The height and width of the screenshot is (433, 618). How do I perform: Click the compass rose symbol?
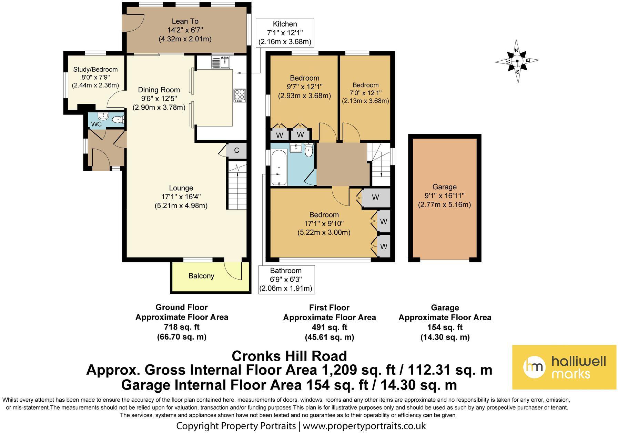pyautogui.click(x=517, y=61)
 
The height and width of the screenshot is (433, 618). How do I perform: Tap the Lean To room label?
pyautogui.click(x=185, y=21)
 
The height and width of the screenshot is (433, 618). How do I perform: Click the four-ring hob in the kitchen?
pyautogui.click(x=240, y=95)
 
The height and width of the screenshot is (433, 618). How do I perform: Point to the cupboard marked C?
pyautogui.click(x=236, y=150)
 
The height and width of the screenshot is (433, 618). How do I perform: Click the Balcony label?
pyautogui.click(x=201, y=276)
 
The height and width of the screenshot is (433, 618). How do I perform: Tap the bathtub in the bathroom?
pyautogui.click(x=279, y=167)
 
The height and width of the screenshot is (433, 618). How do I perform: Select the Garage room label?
pyautogui.click(x=445, y=187)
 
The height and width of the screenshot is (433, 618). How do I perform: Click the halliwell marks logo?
pyautogui.click(x=564, y=367)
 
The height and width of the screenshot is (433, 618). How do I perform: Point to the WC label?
pyautogui.click(x=97, y=124)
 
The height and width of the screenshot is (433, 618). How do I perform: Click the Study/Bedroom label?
pyautogui.click(x=95, y=70)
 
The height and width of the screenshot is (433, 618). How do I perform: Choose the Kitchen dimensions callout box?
pyautogui.click(x=285, y=33)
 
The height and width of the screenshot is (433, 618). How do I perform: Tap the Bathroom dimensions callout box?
pyautogui.click(x=286, y=280)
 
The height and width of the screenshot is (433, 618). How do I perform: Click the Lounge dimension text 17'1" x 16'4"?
pyautogui.click(x=181, y=197)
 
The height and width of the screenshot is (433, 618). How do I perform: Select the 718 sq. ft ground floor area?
pyautogui.click(x=182, y=327)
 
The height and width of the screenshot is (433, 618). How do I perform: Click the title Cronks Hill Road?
pyautogui.click(x=290, y=355)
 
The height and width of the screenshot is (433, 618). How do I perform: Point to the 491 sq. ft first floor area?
pyautogui.click(x=330, y=327)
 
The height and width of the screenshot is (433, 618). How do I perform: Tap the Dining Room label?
pyautogui.click(x=159, y=90)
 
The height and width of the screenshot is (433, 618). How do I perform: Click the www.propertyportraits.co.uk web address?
pyautogui.click(x=364, y=426)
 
